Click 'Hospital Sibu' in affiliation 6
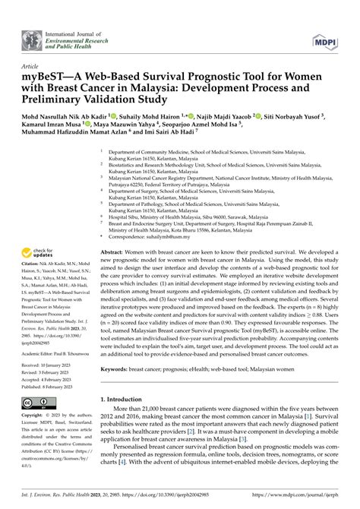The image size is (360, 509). pos(125,195)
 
